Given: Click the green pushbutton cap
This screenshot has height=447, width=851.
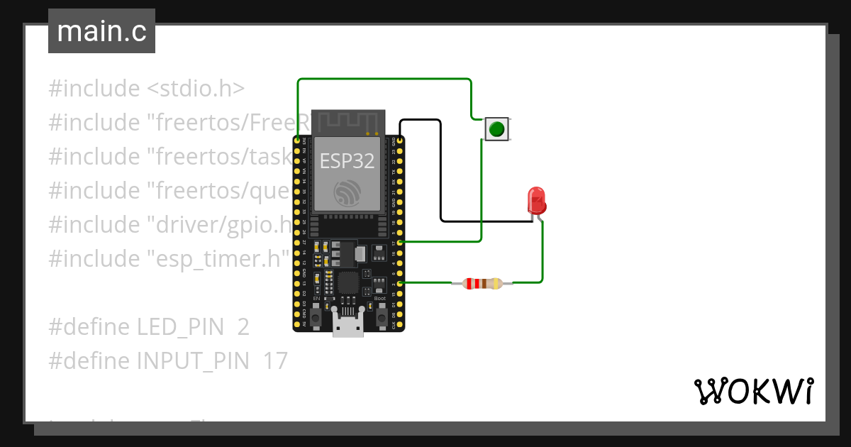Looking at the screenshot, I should tap(497, 129).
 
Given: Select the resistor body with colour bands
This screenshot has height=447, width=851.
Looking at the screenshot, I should tap(482, 284).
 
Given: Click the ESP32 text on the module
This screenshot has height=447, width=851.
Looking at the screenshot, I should tap(347, 161).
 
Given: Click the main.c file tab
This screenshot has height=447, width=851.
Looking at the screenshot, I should tap(101, 32).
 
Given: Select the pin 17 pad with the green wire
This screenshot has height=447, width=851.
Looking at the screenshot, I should tap(401, 243).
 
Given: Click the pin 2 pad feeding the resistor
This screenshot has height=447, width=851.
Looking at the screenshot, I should tap(401, 284).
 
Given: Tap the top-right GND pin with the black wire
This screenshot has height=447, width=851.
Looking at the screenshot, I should tap(401, 141).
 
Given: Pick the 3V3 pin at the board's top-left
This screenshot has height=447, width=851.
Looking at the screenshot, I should tap(297, 141).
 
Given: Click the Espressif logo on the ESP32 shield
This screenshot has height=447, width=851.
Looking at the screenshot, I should tap(348, 192).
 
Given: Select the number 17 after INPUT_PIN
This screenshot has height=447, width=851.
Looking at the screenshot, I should tap(275, 361).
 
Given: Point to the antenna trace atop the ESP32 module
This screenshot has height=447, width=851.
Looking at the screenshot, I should tap(348, 123).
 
